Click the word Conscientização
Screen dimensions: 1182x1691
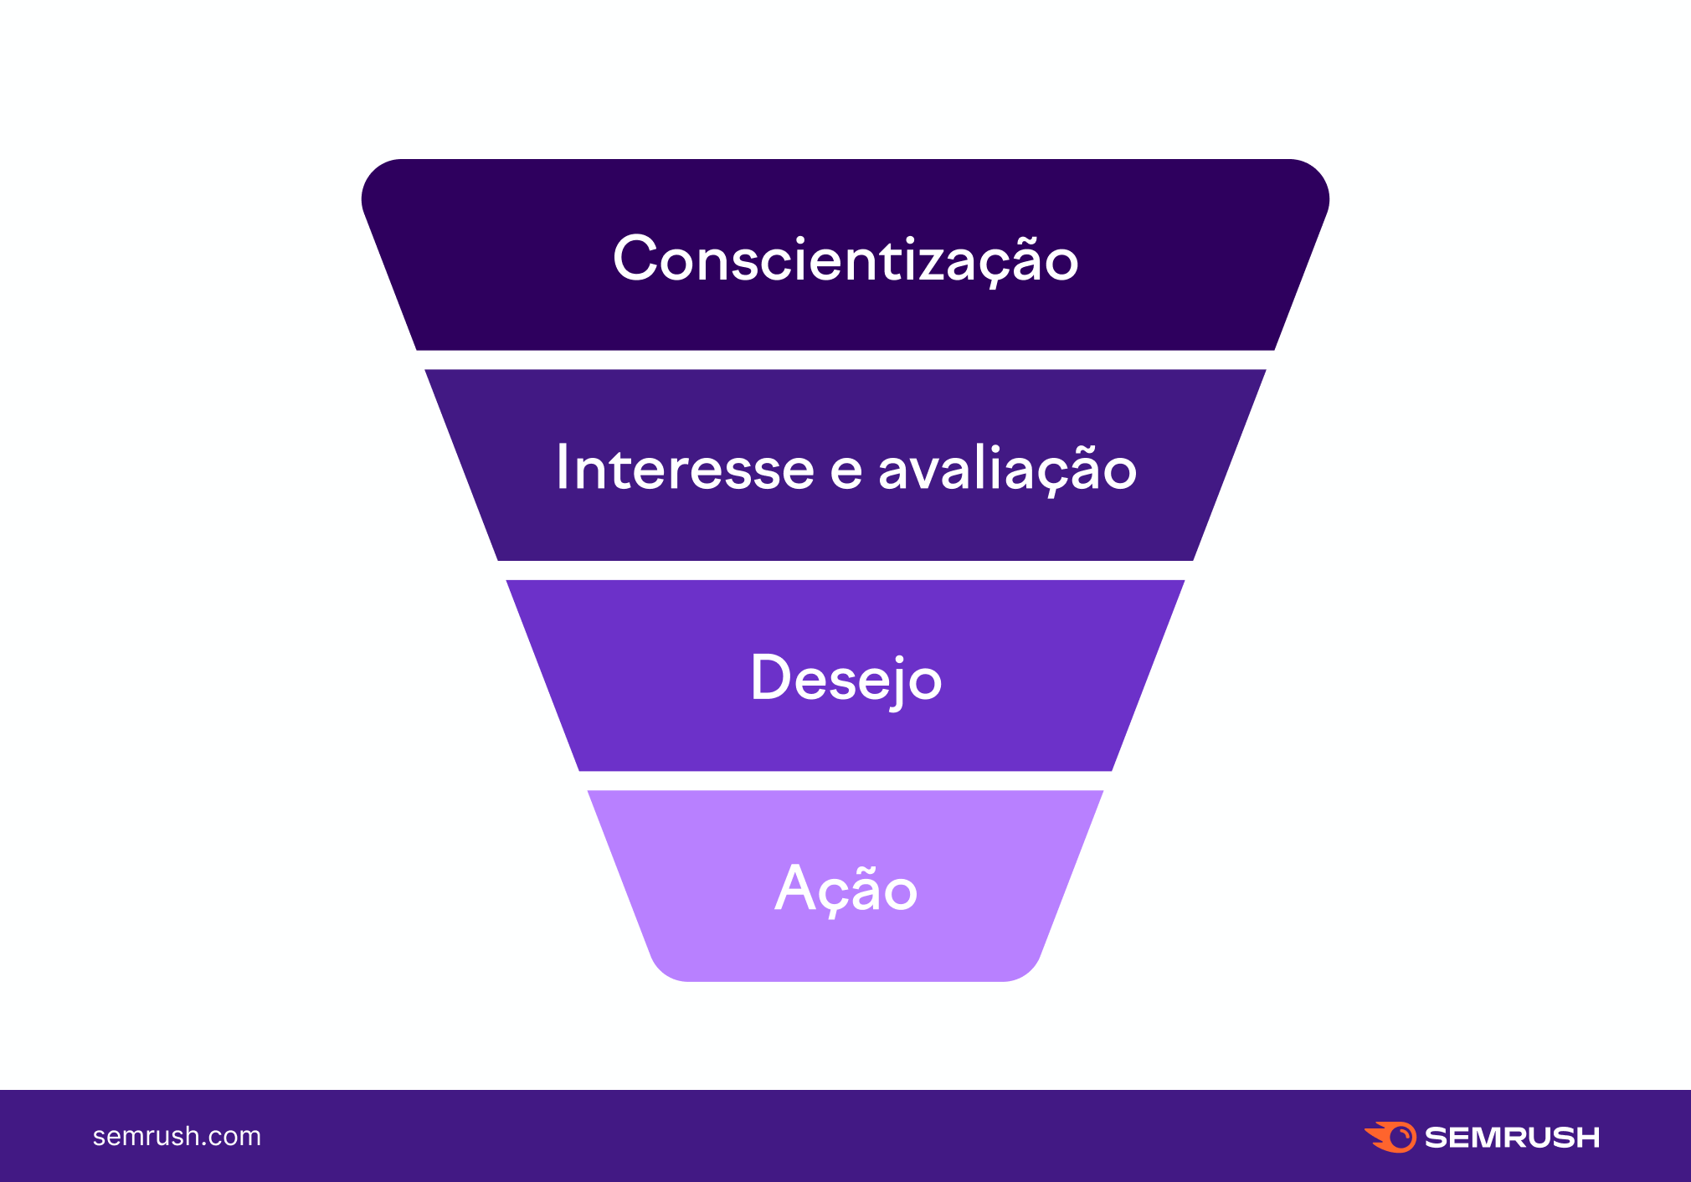pos(845,260)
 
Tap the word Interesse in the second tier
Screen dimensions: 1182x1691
pos(685,468)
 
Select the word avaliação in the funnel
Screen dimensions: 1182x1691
pos(1007,469)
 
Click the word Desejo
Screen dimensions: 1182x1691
pos(845,679)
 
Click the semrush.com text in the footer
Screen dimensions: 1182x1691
pos(177,1136)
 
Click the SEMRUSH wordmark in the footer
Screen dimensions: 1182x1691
pos(1512,1138)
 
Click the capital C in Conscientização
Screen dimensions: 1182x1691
pos(637,259)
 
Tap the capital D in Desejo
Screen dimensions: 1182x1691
pos(770,677)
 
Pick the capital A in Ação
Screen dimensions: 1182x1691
pos(794,887)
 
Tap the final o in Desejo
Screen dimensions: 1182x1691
pos(925,682)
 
